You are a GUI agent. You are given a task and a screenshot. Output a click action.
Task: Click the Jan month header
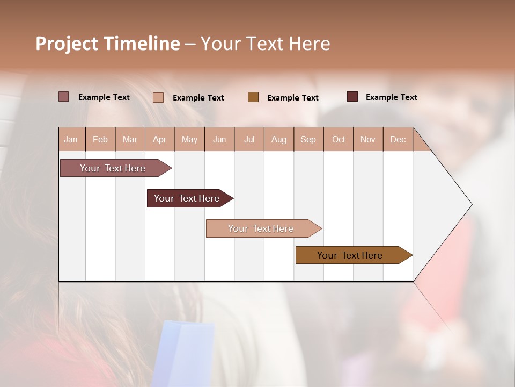[x=71, y=140]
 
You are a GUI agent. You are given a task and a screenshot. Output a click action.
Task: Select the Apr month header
[x=160, y=140]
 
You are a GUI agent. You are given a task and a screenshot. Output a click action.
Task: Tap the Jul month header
[x=249, y=140]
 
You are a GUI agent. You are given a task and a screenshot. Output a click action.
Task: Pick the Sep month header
[x=308, y=140]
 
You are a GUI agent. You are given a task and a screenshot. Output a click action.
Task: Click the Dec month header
[x=398, y=140]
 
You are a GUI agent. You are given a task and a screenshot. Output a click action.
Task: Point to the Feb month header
[x=100, y=140]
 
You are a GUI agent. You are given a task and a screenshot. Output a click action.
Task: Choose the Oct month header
[x=339, y=140]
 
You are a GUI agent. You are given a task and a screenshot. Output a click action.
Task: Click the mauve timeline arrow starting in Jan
[x=113, y=168]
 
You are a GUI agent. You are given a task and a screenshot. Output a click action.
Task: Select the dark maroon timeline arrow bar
[x=187, y=198]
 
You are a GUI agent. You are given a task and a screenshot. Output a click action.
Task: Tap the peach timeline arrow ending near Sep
[x=261, y=228]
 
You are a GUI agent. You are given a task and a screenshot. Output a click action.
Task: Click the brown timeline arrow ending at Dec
[x=350, y=255]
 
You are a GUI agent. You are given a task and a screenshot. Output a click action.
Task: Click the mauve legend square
[x=63, y=97]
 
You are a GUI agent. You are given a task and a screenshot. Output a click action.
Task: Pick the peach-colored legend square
[x=158, y=97]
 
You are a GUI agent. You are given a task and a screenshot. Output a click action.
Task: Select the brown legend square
[x=253, y=97]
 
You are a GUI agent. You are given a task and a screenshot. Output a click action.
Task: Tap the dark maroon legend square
[x=352, y=97]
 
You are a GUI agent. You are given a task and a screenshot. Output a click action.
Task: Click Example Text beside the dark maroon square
[x=391, y=97]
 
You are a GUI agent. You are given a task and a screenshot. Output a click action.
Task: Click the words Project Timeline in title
[x=107, y=44]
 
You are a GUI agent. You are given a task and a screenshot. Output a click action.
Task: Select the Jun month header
[x=219, y=140]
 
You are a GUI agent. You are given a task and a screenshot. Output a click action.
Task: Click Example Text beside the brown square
[x=292, y=98]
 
